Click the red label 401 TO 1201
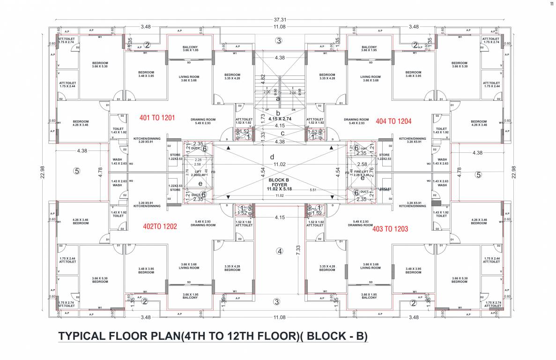tap(157, 118)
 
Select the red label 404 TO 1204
tap(393, 121)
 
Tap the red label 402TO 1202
tap(160, 226)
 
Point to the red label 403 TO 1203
tap(390, 229)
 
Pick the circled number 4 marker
tap(280, 251)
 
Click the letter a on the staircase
tap(278, 98)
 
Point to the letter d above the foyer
tap(272, 156)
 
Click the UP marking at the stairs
tap(267, 110)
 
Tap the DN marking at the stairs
tap(293, 110)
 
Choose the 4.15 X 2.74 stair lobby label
tap(280, 120)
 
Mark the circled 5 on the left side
tap(77, 171)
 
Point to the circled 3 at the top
tap(279, 41)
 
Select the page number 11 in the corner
tap(551, 4)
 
